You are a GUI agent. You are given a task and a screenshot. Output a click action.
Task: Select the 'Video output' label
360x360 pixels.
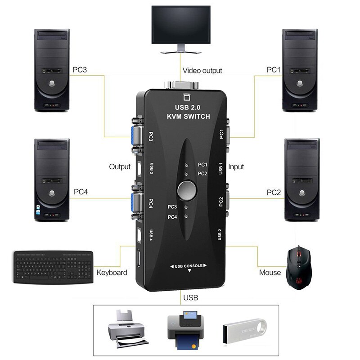pyautogui.click(x=202, y=71)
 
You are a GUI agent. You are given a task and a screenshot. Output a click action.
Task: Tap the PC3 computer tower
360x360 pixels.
pyautogui.click(x=52, y=70)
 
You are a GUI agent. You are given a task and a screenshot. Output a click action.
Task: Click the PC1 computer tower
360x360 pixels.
pyautogui.click(x=300, y=70)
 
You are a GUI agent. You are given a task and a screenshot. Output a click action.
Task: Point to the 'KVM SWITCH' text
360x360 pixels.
pyautogui.click(x=189, y=117)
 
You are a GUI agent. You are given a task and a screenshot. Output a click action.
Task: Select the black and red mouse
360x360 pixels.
pyautogui.click(x=298, y=265)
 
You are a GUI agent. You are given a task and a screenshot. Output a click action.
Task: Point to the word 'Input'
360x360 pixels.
pyautogui.click(x=236, y=167)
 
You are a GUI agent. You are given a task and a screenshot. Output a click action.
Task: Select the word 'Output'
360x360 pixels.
pyautogui.click(x=120, y=167)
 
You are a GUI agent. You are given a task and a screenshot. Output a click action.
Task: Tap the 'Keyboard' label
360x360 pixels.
pyautogui.click(x=112, y=273)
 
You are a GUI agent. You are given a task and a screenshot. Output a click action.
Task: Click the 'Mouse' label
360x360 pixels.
pyautogui.click(x=270, y=273)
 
